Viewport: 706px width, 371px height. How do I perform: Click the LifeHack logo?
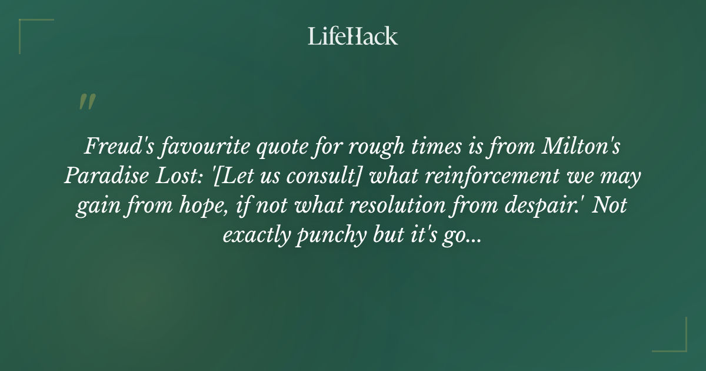click(353, 36)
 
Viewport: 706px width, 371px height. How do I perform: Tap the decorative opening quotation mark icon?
click(87, 102)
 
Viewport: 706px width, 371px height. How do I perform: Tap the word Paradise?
click(101, 177)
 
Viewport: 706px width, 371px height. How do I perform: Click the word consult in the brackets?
click(301, 177)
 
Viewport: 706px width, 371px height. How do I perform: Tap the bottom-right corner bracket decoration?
click(677, 342)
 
